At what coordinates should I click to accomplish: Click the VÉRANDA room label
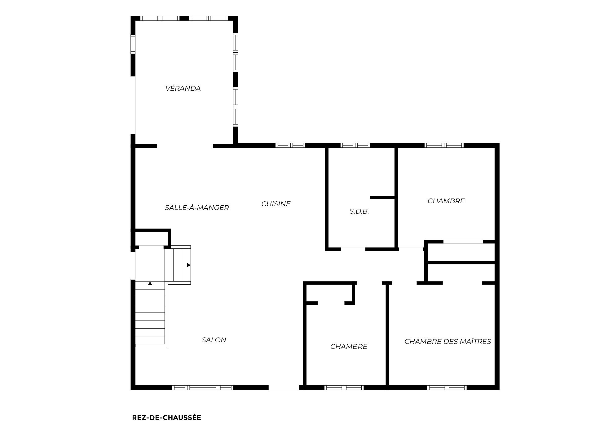tap(183, 88)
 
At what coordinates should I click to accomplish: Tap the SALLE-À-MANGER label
tap(197, 208)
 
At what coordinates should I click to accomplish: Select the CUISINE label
tap(276, 204)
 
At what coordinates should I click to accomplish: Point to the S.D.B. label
tap(359, 212)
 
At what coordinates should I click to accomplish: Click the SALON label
tap(214, 340)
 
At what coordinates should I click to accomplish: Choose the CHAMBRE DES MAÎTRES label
tap(448, 341)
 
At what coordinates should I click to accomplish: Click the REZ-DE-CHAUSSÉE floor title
tap(166, 418)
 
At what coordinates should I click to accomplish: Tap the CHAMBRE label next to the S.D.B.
tap(446, 201)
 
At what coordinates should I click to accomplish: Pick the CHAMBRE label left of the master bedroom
tap(349, 347)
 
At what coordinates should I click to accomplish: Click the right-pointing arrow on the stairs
tap(188, 265)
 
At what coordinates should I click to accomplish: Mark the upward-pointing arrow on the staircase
tap(150, 283)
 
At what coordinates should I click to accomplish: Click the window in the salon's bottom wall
tap(203, 387)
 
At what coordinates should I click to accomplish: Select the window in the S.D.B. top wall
tap(355, 145)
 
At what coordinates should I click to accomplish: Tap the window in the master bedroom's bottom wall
tap(447, 387)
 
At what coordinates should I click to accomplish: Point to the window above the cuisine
tap(290, 145)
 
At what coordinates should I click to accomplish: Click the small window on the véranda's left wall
tap(133, 44)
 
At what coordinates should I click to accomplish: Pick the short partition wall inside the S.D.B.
tap(382, 197)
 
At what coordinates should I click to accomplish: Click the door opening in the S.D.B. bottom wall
tap(353, 249)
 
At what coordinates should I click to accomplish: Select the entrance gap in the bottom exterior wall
tap(284, 387)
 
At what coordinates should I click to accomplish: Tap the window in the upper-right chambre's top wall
tap(444, 145)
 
